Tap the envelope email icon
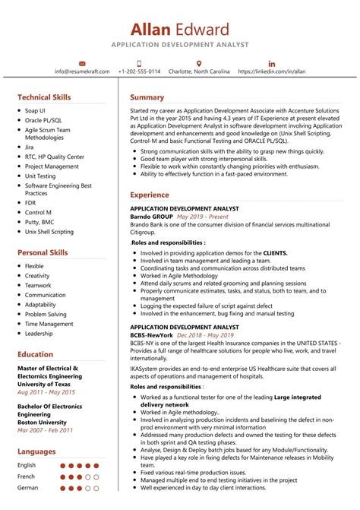coord(82,62)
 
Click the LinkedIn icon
coord(272,62)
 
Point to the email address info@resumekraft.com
coord(82,71)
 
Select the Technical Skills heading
coord(44,97)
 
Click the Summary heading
coord(147,97)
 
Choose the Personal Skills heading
coord(43,252)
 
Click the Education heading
coord(35,354)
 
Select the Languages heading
coord(36,451)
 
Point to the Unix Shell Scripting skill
coord(49,232)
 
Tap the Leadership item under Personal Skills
coord(39,333)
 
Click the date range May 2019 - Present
coord(202,217)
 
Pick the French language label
coord(27,477)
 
